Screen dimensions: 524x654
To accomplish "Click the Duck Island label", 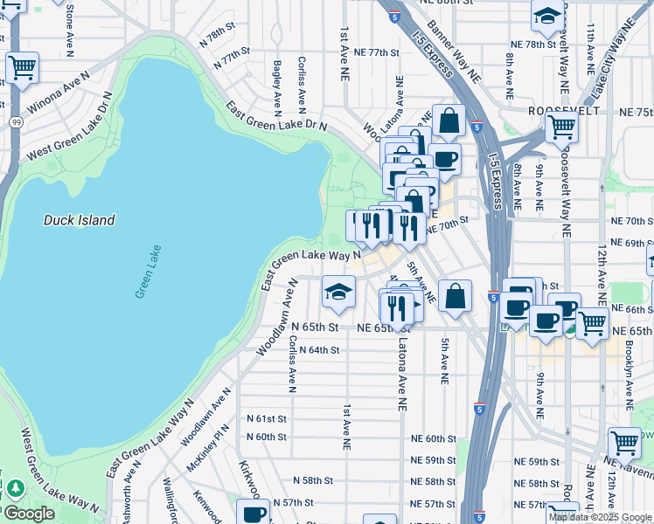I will [80, 220].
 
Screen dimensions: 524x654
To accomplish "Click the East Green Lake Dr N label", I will [275, 117].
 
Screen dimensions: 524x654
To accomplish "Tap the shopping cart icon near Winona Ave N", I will [22, 67].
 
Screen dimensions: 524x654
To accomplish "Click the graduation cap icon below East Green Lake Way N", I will [338, 293].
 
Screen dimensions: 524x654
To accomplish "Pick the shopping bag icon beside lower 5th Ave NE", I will [455, 297].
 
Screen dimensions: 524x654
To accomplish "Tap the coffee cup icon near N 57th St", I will [254, 513].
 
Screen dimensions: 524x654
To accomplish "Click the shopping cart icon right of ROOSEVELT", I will [561, 127].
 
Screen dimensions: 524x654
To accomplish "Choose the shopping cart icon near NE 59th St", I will [624, 443].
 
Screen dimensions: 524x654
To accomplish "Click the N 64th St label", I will [318, 350].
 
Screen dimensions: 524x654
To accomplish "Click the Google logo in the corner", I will [28, 514].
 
